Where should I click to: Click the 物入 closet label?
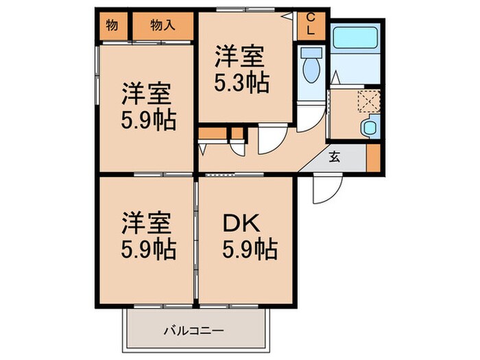point(163,27)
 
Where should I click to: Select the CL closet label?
point(311,25)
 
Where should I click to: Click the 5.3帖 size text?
point(241,83)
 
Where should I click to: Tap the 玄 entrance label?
point(334,156)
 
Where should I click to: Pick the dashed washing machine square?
point(369,100)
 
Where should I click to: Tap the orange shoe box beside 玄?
point(372,157)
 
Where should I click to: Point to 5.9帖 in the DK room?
point(249,249)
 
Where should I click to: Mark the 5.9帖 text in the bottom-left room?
point(148,249)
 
